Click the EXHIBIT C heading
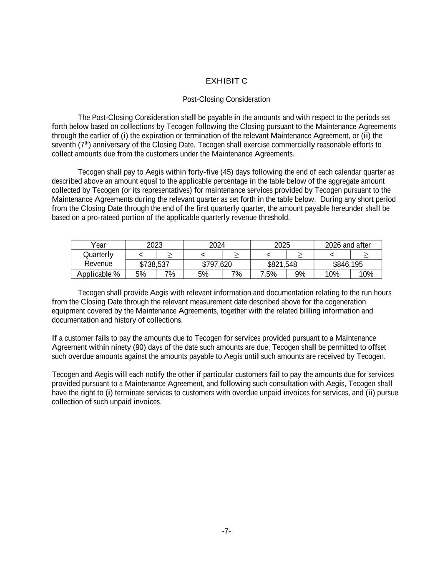[226, 81]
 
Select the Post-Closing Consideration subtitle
[226, 99]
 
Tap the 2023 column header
[154, 245]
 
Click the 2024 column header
[217, 245]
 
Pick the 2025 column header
[282, 245]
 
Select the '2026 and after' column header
[347, 245]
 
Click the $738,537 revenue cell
[154, 264]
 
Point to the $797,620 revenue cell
[217, 264]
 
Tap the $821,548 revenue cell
[282, 264]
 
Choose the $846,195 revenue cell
[347, 264]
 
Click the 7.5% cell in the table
[268, 274]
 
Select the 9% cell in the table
[300, 274]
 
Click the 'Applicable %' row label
[98, 274]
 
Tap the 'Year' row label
[98, 245]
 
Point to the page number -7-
[226, 531]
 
